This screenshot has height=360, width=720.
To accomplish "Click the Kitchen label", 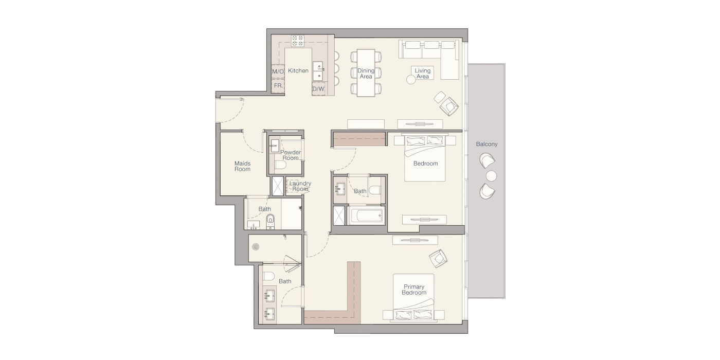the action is [x=298, y=70].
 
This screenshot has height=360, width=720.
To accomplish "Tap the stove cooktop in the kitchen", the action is [x=297, y=41].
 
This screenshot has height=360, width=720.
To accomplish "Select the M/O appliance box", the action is [x=278, y=71].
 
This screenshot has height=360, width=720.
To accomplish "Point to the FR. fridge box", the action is [x=278, y=86].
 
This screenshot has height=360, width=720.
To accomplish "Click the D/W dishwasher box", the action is [x=318, y=88].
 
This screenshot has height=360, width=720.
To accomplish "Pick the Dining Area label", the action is [x=366, y=73].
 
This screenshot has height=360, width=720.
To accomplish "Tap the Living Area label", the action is [x=422, y=73].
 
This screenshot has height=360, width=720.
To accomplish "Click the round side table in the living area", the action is [x=411, y=80].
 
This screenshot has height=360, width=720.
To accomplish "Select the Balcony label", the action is [x=487, y=144].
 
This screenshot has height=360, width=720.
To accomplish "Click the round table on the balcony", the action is [x=491, y=176].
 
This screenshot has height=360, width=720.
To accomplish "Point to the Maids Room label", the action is [x=242, y=166].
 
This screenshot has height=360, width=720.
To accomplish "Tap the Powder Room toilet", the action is [x=280, y=165].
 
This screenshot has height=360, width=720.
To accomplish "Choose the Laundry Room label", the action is [x=300, y=186].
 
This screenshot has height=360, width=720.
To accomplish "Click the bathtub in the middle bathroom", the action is [x=366, y=215].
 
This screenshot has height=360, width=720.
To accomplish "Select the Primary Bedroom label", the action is [x=414, y=290].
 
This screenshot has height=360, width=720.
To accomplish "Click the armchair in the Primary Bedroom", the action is [x=438, y=258].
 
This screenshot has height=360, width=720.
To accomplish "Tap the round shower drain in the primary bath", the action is [x=256, y=247].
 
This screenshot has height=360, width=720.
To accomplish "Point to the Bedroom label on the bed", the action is [x=426, y=164].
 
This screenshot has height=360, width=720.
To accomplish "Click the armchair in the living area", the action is [x=449, y=106].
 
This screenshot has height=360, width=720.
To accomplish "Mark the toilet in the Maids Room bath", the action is [x=271, y=221].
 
